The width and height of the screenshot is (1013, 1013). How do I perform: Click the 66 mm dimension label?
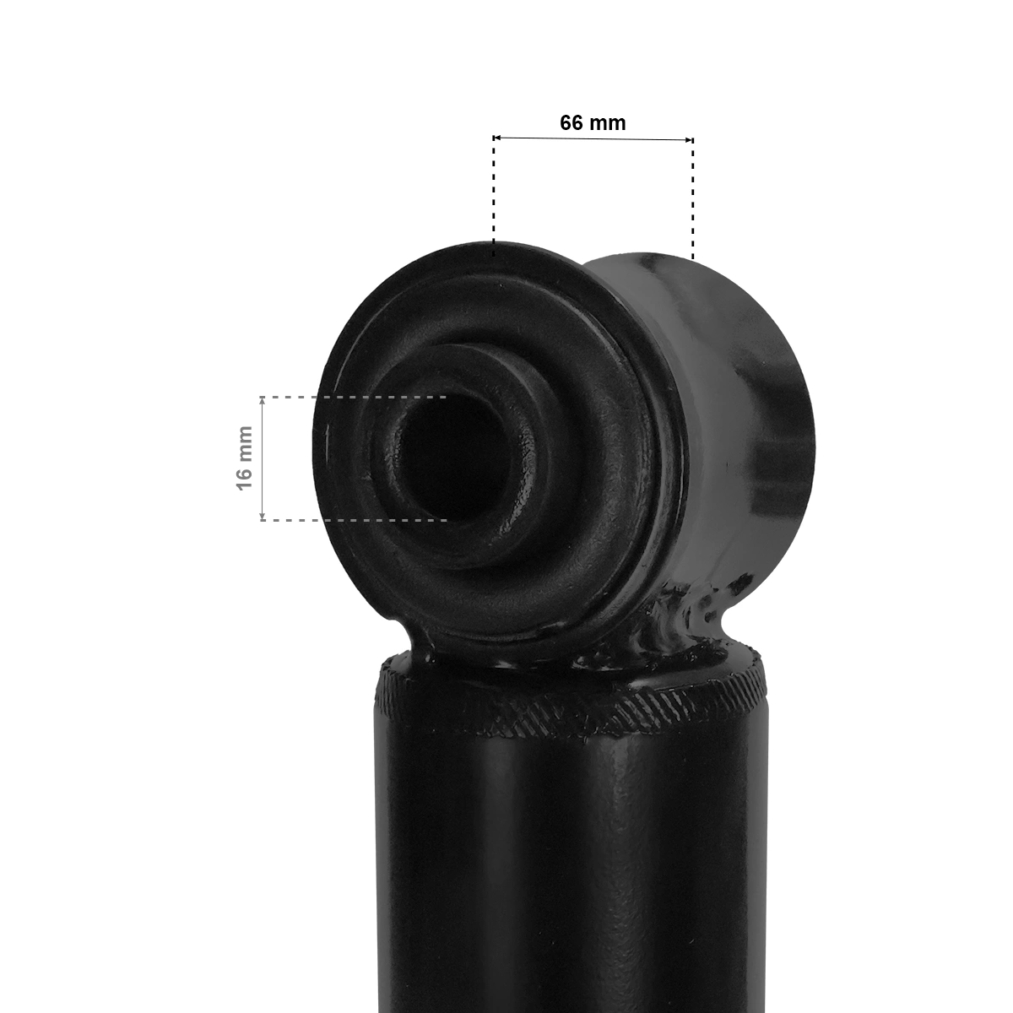(x=593, y=122)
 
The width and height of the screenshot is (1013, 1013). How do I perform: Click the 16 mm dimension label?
(x=245, y=458)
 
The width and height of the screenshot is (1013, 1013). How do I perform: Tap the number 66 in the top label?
(x=572, y=122)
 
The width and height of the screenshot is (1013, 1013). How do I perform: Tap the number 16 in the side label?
(x=245, y=479)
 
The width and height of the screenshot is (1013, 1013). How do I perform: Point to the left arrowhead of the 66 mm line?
(x=496, y=138)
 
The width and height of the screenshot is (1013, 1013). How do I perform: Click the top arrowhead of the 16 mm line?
(x=263, y=400)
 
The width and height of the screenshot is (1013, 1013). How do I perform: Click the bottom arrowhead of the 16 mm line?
(x=263, y=517)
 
